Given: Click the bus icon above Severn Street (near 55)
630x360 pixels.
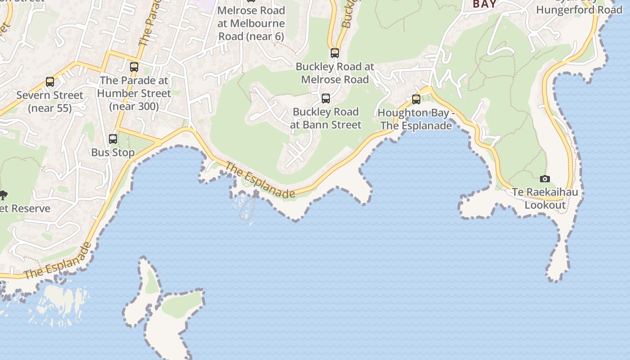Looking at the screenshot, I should click(50, 82).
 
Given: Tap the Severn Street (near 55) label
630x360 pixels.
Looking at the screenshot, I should click(50, 101).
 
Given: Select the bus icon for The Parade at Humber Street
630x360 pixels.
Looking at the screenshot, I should click(134, 67).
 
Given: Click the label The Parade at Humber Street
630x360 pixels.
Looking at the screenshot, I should click(134, 93).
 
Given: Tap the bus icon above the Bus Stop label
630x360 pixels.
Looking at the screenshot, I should click(113, 139).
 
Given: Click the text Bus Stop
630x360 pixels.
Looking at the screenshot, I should click(113, 153).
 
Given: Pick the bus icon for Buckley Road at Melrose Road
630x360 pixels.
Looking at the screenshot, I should click(335, 53).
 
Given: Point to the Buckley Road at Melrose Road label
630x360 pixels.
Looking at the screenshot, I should click(335, 73).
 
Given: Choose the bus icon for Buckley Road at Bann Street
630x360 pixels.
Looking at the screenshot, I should click(326, 98).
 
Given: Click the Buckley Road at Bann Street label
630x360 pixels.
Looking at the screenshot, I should click(326, 118).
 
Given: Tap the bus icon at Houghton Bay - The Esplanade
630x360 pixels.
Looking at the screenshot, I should click(416, 99).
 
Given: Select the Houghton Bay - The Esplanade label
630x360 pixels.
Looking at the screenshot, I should click(416, 119).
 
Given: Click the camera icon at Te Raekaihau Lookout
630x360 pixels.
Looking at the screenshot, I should click(545, 179).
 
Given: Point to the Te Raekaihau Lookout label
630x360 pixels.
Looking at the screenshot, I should click(545, 199).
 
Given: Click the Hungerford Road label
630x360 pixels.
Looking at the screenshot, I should click(579, 9).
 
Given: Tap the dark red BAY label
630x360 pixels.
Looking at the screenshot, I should click(485, 4).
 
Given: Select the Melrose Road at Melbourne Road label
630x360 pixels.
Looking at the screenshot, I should click(251, 23).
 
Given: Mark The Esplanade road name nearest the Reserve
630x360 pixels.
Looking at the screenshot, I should click(57, 261).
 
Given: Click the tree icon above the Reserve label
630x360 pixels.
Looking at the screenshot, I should click(3, 195).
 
